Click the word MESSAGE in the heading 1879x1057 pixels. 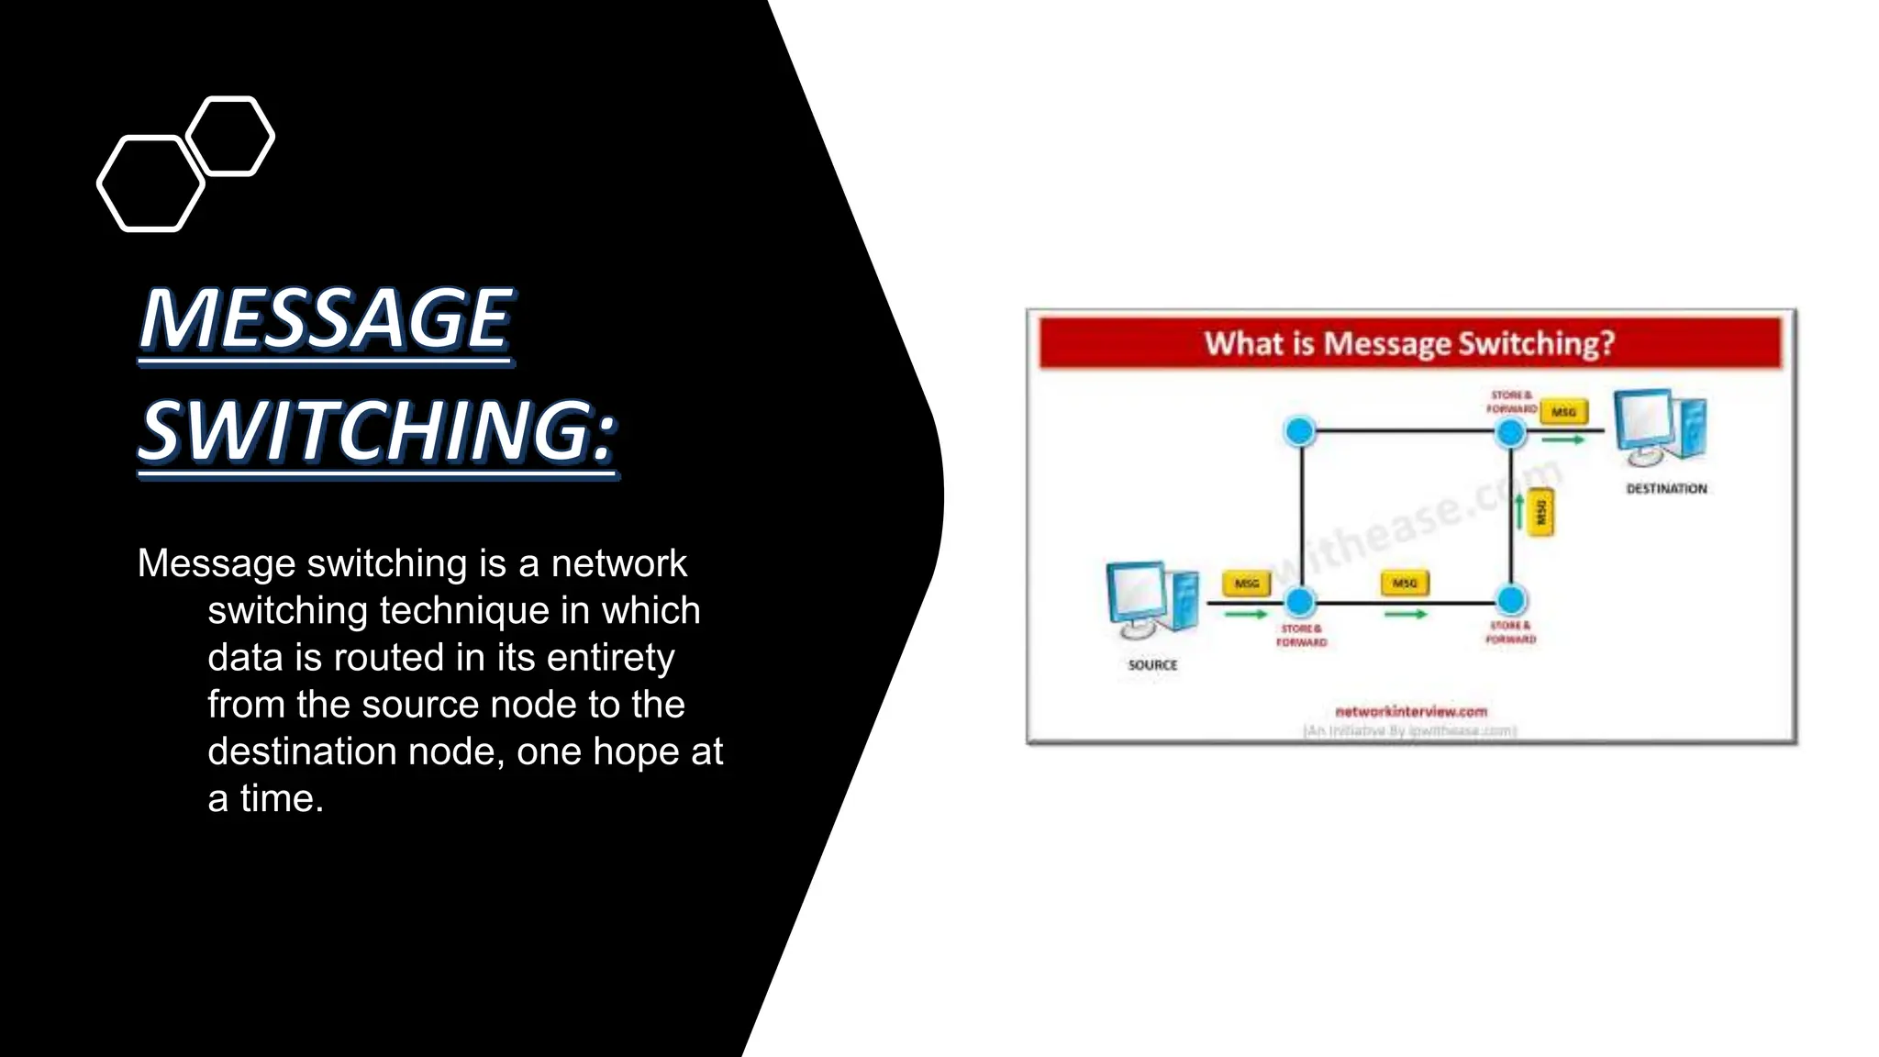(x=326, y=318)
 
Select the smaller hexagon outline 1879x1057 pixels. (x=230, y=136)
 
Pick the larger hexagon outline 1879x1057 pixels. (x=150, y=184)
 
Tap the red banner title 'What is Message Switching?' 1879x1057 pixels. (x=1409, y=343)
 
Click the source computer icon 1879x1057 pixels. (x=1152, y=600)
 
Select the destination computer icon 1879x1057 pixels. (x=1660, y=428)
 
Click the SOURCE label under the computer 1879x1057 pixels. (x=1152, y=665)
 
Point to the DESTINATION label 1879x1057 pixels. (x=1666, y=489)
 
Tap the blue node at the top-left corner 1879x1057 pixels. (x=1300, y=431)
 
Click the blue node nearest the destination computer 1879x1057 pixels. (x=1510, y=431)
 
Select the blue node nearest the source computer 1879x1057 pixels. (x=1300, y=602)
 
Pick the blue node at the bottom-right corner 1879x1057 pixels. (x=1511, y=601)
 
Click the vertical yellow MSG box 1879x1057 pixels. (x=1541, y=512)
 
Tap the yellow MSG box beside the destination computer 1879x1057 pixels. (x=1563, y=412)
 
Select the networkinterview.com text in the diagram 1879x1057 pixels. (x=1411, y=711)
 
